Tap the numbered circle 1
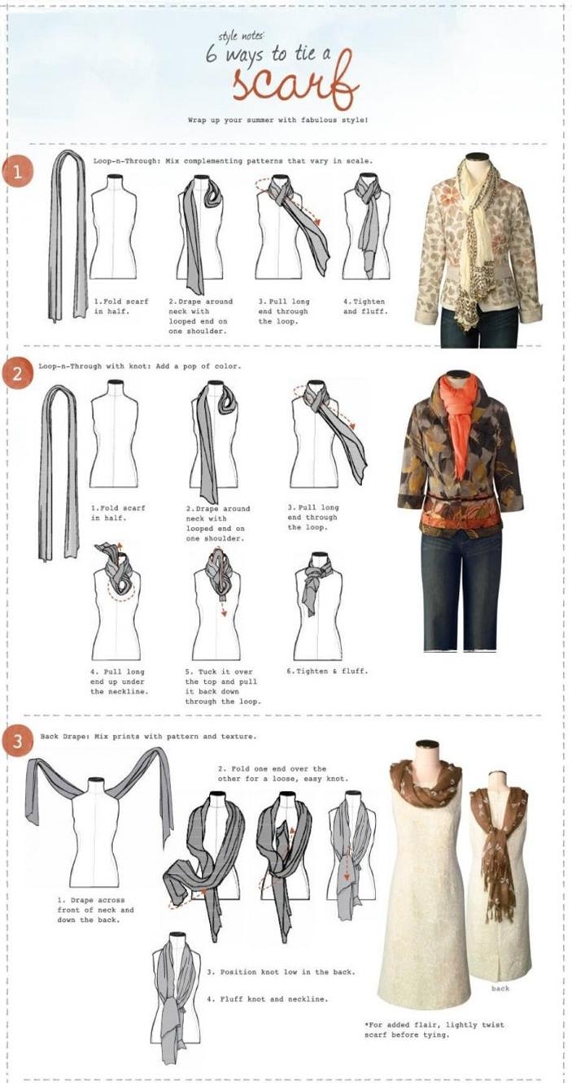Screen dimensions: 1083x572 tap(15, 172)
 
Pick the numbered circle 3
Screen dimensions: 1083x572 tap(15, 743)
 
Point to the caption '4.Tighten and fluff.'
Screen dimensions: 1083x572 tap(365, 306)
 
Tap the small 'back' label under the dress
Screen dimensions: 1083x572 tap(500, 989)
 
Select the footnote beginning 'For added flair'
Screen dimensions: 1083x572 tap(434, 1029)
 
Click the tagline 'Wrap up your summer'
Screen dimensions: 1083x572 tap(278, 120)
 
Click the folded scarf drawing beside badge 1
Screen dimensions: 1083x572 tap(68, 236)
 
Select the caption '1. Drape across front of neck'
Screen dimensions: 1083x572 tap(95, 910)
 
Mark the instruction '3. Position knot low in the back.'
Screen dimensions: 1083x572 tap(281, 972)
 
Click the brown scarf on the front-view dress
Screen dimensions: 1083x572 tap(425, 785)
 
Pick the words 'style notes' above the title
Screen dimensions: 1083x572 tap(238, 37)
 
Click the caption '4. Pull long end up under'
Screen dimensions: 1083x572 tap(117, 681)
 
